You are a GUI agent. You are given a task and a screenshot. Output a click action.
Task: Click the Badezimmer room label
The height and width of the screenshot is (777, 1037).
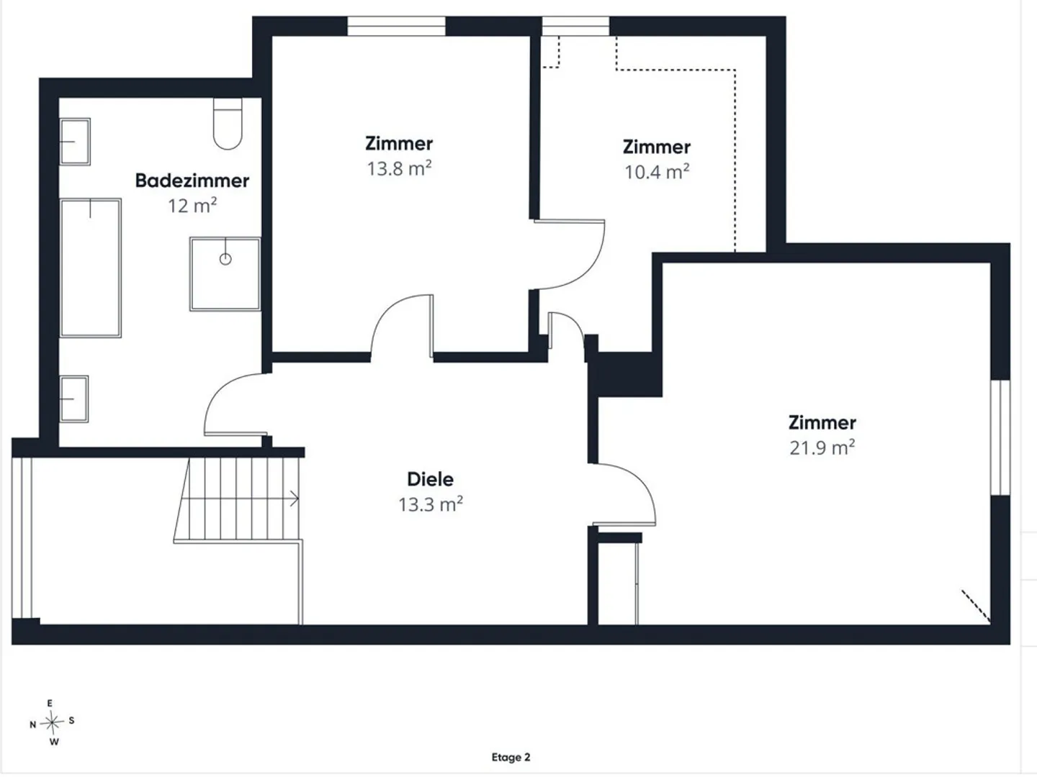pyautogui.click(x=192, y=181)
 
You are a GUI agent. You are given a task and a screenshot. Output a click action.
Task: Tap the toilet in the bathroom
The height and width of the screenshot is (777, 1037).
pyautogui.click(x=228, y=124)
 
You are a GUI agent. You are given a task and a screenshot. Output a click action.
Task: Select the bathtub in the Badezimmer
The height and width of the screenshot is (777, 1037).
pyautogui.click(x=91, y=268)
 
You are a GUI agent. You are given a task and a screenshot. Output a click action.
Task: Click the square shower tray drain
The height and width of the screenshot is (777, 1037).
pyautogui.click(x=225, y=259)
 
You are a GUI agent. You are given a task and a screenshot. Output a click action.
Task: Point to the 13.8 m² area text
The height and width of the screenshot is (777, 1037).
pyautogui.click(x=399, y=168)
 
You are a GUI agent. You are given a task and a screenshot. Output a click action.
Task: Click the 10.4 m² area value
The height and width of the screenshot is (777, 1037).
pyautogui.click(x=657, y=172)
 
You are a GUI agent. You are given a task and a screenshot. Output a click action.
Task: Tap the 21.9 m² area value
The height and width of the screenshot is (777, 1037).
pyautogui.click(x=822, y=447)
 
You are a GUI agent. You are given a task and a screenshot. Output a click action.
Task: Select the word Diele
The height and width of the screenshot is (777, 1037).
pyautogui.click(x=431, y=479)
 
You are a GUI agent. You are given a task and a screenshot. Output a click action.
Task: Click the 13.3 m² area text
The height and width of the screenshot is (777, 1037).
pyautogui.click(x=431, y=504)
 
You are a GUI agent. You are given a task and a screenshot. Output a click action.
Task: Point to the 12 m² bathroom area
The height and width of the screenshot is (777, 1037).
pyautogui.click(x=192, y=206)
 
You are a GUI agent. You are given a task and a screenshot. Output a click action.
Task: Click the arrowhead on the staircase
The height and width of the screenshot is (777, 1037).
pyautogui.click(x=295, y=499)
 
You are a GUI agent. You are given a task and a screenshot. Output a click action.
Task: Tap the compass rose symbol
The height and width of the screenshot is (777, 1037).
pyautogui.click(x=52, y=722)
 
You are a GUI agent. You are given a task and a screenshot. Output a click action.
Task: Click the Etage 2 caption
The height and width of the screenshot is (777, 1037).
pyautogui.click(x=511, y=757)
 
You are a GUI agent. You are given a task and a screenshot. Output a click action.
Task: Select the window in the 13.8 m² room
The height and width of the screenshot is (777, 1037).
pyautogui.click(x=396, y=26)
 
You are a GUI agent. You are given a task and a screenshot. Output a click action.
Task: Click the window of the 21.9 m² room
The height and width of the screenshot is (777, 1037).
pyautogui.click(x=1000, y=437)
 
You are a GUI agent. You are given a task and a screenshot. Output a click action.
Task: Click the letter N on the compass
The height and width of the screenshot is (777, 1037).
pyautogui.click(x=32, y=724)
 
